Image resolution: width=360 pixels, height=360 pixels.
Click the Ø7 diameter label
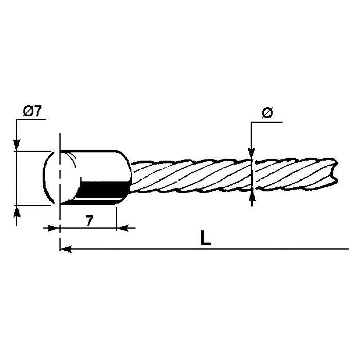(32, 111)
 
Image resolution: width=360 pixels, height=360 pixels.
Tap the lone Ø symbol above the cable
(266, 114)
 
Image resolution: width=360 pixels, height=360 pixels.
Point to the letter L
(206, 239)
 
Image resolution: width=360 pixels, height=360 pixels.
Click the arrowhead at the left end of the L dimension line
(64, 249)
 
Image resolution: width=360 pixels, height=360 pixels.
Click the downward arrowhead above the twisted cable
(251, 152)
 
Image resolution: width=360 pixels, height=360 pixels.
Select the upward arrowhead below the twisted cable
(251, 196)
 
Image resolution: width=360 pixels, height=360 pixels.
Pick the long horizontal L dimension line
(206, 249)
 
